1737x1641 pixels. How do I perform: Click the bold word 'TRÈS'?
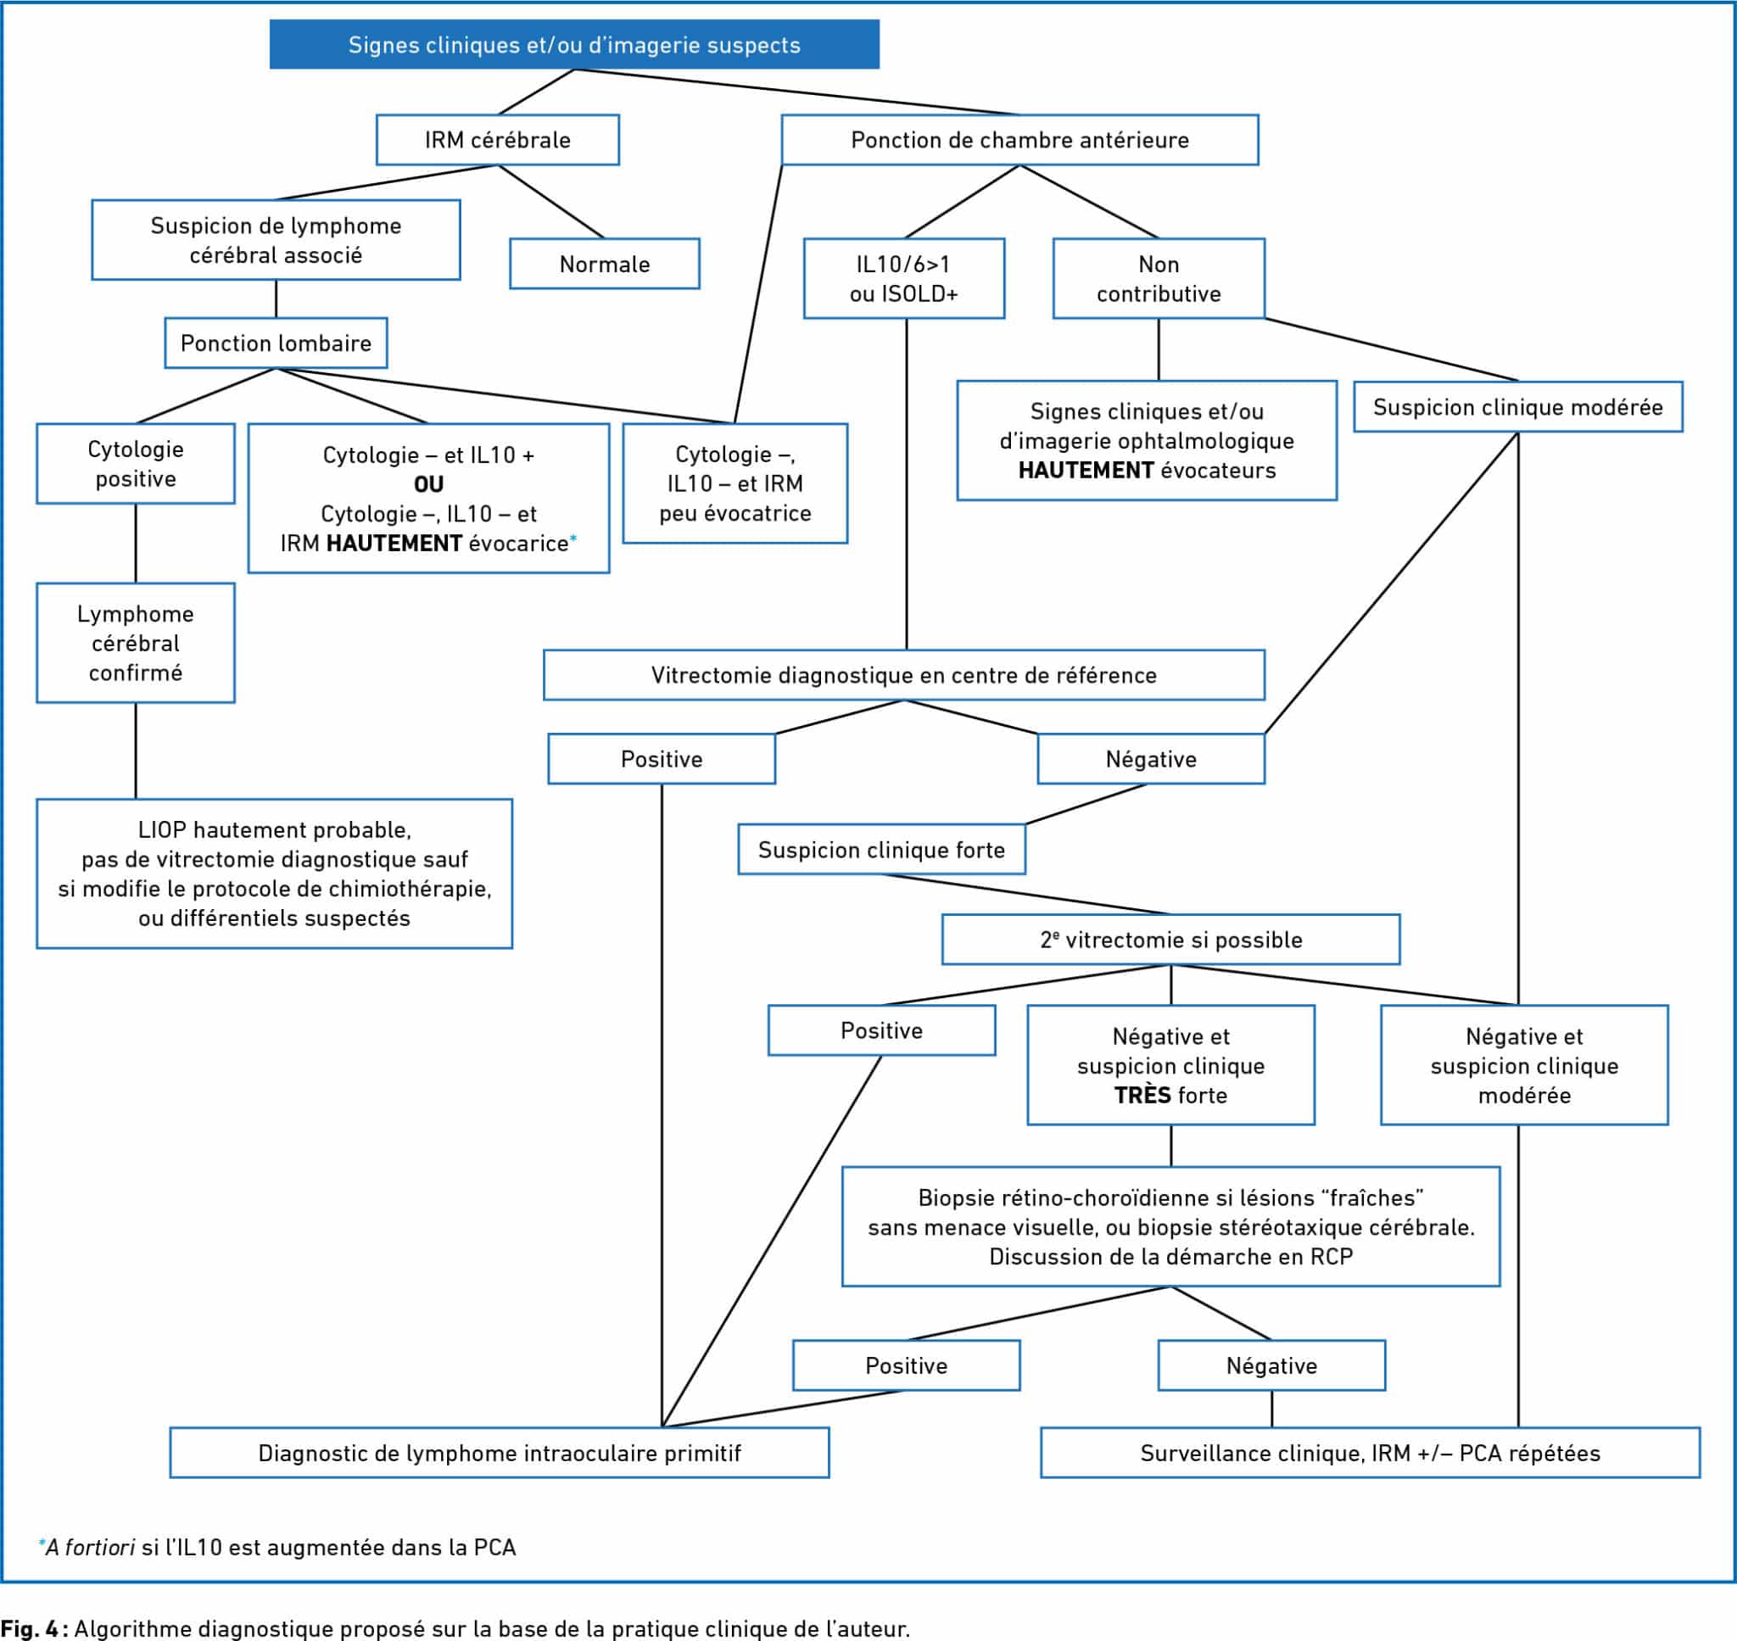[x=1142, y=1095]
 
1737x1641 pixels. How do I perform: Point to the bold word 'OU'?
[x=428, y=483]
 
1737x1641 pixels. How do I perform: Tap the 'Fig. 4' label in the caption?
[x=31, y=1628]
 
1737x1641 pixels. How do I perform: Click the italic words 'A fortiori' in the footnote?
[x=90, y=1548]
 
